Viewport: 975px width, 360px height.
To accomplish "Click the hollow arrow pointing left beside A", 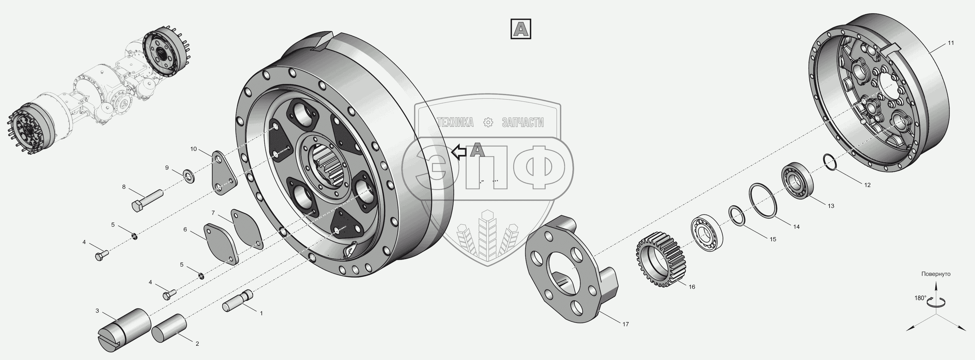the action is (458, 152).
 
